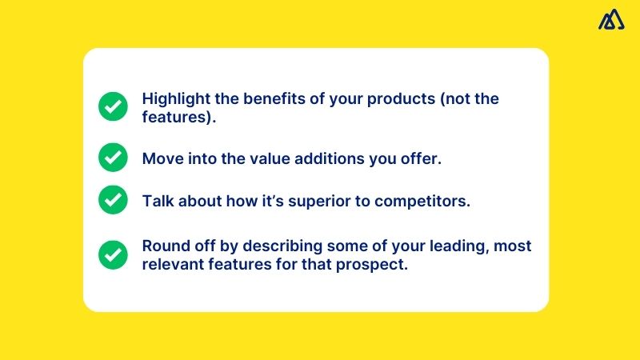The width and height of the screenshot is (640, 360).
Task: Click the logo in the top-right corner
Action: (x=611, y=20)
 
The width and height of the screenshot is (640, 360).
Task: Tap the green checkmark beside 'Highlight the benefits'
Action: (x=113, y=106)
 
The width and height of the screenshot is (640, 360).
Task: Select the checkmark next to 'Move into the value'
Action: (x=113, y=158)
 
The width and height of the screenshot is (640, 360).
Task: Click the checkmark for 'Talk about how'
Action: (x=113, y=200)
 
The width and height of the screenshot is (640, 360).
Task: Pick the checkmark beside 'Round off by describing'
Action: (x=113, y=255)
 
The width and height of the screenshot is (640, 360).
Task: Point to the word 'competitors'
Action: (x=426, y=201)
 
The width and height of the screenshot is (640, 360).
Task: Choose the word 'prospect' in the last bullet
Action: (x=376, y=265)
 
